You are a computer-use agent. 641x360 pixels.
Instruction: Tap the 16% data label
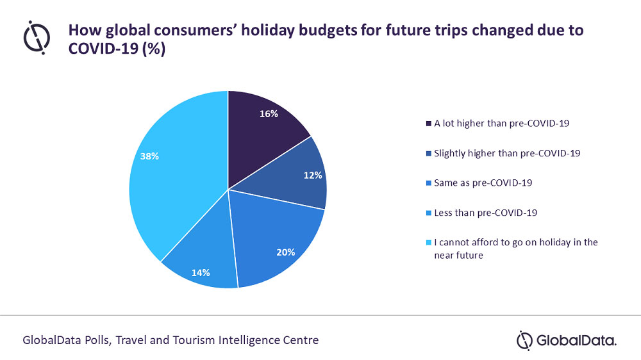(x=269, y=114)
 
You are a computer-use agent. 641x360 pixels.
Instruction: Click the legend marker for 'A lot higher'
(x=428, y=124)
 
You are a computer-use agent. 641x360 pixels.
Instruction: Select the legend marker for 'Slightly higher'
(x=428, y=153)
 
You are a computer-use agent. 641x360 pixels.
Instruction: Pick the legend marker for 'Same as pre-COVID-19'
(x=428, y=183)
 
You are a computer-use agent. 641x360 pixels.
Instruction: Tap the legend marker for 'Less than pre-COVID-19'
(x=428, y=212)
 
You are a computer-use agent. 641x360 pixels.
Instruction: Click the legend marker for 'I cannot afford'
(x=428, y=242)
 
